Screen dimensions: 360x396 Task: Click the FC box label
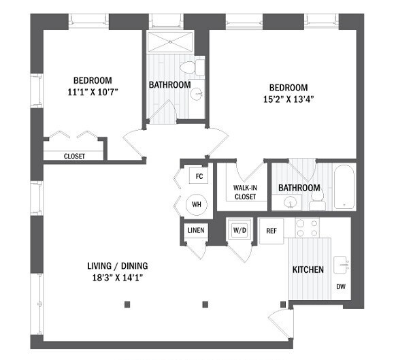(199, 176)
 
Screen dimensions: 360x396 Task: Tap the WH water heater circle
(197, 203)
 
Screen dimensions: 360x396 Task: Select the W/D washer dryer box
(239, 229)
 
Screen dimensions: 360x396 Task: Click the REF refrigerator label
(271, 231)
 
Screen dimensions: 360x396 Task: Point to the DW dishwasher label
(341, 287)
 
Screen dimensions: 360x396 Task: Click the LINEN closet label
(195, 230)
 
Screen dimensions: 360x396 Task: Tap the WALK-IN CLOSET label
(245, 192)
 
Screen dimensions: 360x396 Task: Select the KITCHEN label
(308, 269)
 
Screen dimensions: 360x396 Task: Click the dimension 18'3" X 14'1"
(118, 277)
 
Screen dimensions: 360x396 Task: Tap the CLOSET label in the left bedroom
(74, 156)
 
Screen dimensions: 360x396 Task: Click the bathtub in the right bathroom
(344, 187)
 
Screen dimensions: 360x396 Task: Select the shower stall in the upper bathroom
(170, 41)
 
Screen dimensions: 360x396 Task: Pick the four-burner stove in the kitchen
(306, 228)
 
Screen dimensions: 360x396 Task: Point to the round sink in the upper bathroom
(197, 94)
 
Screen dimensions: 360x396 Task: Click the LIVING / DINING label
(118, 265)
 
